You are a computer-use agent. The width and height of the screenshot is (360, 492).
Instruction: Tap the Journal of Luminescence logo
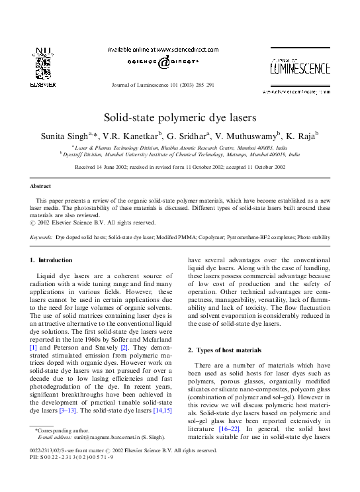click(300, 68)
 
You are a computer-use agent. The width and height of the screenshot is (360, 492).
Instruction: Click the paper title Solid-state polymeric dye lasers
click(179, 117)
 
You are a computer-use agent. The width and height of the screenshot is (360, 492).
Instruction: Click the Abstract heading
click(41, 187)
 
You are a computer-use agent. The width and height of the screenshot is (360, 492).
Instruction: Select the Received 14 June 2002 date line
click(179, 168)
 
